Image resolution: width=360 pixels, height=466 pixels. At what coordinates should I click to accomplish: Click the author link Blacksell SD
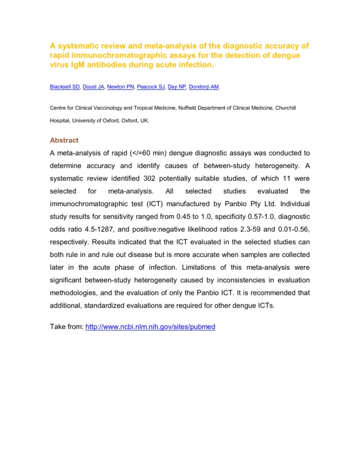point(64,86)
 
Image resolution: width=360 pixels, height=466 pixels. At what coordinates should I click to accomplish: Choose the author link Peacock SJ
point(150,86)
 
